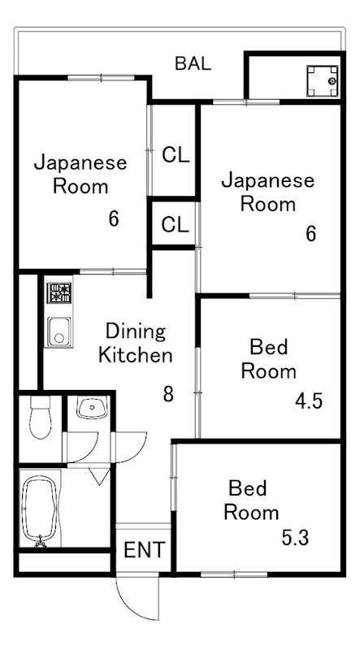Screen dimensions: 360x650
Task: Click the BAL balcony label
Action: pyautogui.click(x=193, y=64)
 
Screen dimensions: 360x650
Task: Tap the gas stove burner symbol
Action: pyautogui.click(x=59, y=292)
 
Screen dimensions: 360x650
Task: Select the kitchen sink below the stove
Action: pyautogui.click(x=59, y=331)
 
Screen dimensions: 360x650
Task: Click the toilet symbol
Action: pyautogui.click(x=41, y=417)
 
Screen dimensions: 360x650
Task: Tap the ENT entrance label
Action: pyautogui.click(x=145, y=550)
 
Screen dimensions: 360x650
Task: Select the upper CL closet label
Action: pyautogui.click(x=176, y=155)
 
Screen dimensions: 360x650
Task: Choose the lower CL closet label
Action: pyautogui.click(x=175, y=225)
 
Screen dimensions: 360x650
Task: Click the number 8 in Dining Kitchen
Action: pyautogui.click(x=168, y=394)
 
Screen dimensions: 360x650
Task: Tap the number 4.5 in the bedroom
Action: pyautogui.click(x=309, y=401)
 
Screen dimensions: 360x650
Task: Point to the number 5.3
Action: pyautogui.click(x=295, y=538)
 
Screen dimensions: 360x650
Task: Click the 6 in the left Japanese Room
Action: pyautogui.click(x=114, y=219)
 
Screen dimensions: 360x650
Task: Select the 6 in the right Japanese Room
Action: pyautogui.click(x=311, y=234)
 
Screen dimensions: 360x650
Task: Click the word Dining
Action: pyautogui.click(x=136, y=331)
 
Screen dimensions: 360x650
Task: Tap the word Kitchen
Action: pyautogui.click(x=135, y=356)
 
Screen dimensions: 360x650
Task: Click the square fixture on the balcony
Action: pyautogui.click(x=323, y=80)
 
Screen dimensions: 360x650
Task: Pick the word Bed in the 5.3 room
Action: pyautogui.click(x=247, y=488)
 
